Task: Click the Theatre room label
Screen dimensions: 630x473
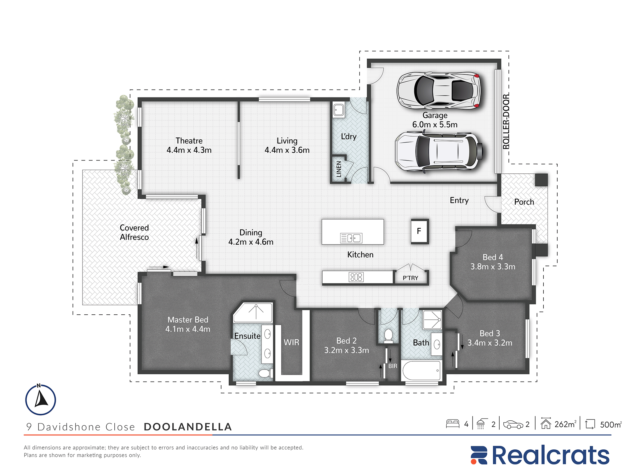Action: click(189, 141)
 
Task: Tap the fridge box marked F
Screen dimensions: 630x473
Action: click(420, 231)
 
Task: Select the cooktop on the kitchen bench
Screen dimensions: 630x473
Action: click(356, 277)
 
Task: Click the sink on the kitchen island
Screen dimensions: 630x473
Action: click(351, 238)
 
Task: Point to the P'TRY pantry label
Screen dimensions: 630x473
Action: click(410, 278)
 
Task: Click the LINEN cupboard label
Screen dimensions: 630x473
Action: click(339, 169)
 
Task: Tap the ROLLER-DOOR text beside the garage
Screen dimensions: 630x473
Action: click(506, 121)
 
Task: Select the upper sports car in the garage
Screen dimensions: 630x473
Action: click(439, 91)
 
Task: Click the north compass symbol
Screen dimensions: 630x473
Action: click(41, 400)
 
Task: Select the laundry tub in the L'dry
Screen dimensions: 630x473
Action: click(339, 110)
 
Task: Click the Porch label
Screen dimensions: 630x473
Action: click(524, 202)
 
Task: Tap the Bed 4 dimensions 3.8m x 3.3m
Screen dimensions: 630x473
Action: click(493, 267)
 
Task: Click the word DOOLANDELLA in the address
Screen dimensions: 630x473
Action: click(188, 427)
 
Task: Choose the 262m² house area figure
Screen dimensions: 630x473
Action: click(565, 424)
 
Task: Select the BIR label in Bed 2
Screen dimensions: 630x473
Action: click(393, 366)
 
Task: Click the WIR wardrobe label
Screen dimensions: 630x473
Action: click(291, 342)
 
